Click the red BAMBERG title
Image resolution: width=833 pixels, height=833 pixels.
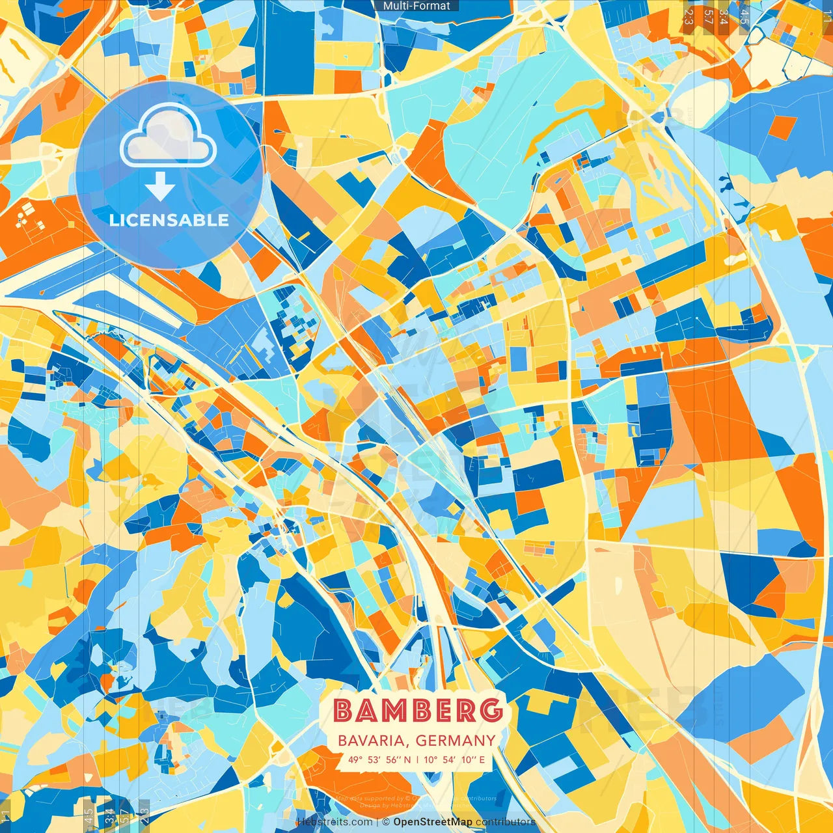point(418,711)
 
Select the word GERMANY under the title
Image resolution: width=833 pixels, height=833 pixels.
point(455,741)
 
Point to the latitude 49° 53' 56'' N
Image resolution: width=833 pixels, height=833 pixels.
point(379,759)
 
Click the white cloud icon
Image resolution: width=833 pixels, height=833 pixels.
point(168,135)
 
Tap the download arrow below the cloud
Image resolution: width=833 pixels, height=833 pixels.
point(160,187)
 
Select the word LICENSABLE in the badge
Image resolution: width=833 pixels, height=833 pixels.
point(169,220)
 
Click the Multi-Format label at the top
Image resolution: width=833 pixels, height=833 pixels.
point(416,6)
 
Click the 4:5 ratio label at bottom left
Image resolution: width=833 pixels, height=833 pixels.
point(89,815)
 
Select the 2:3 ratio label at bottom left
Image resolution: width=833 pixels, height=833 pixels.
point(144,815)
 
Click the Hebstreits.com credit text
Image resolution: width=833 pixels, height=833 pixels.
point(335,822)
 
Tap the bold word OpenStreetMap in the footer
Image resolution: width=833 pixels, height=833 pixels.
point(433,822)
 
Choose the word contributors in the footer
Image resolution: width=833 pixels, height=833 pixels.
point(506,822)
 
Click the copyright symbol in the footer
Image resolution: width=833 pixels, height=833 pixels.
point(386,822)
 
